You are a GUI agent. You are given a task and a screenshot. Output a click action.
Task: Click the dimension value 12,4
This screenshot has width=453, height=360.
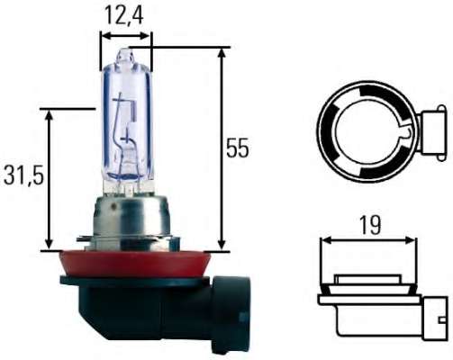124,14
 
